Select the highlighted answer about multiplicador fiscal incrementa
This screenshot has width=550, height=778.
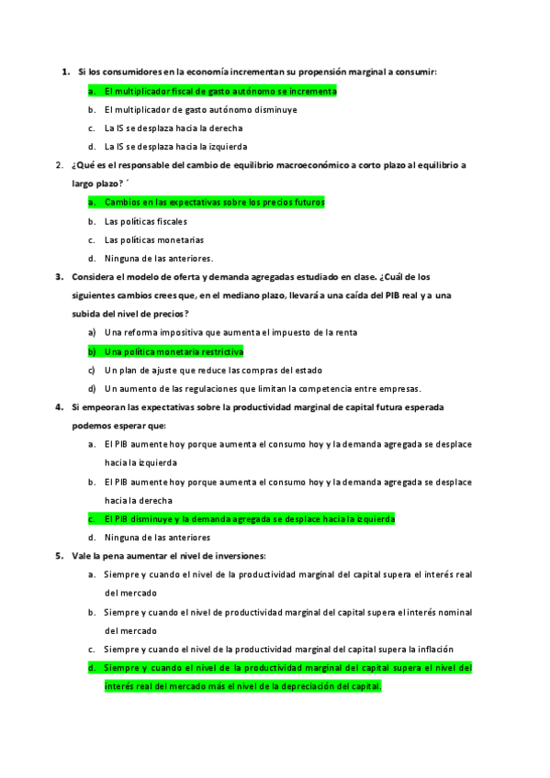220,91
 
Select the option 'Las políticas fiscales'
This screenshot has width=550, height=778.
145,221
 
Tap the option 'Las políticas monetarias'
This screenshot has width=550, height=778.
154,239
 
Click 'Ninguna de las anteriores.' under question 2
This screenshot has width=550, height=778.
158,258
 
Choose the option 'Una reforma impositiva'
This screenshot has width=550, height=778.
230,332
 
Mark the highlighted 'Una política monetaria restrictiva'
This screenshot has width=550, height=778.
174,351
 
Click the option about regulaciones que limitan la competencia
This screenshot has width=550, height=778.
263,388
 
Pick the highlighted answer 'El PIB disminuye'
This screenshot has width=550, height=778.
249,518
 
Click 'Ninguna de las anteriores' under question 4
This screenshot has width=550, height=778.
157,537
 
